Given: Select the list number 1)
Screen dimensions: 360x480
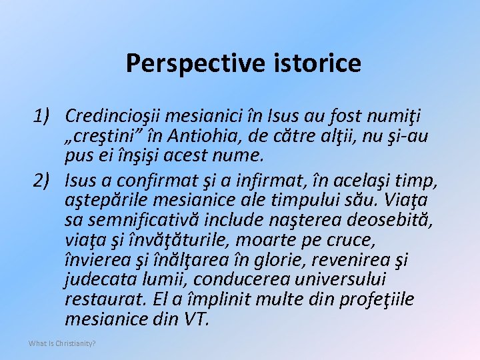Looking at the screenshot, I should (47, 117).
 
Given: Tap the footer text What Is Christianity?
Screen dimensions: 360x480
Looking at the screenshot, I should (62, 343).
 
